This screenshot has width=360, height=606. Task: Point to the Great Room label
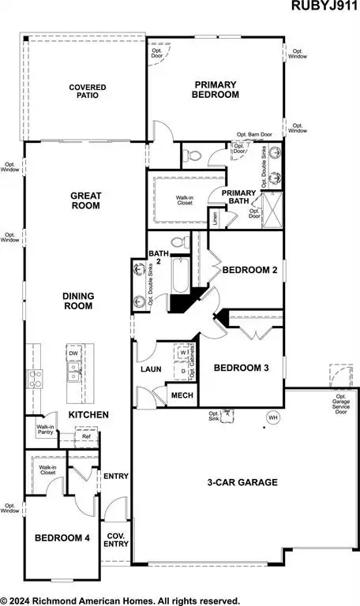[x=84, y=200]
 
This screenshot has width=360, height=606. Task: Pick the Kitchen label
[x=88, y=414]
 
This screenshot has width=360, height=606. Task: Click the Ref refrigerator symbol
[x=85, y=435]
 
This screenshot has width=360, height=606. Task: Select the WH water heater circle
[x=273, y=417]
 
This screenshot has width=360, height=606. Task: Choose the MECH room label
[x=182, y=395]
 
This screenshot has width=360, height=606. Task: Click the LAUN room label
[x=151, y=368]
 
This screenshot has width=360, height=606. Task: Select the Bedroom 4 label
[x=62, y=538]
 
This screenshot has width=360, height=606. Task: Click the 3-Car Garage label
[x=242, y=482]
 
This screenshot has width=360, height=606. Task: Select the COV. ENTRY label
[x=117, y=538]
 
